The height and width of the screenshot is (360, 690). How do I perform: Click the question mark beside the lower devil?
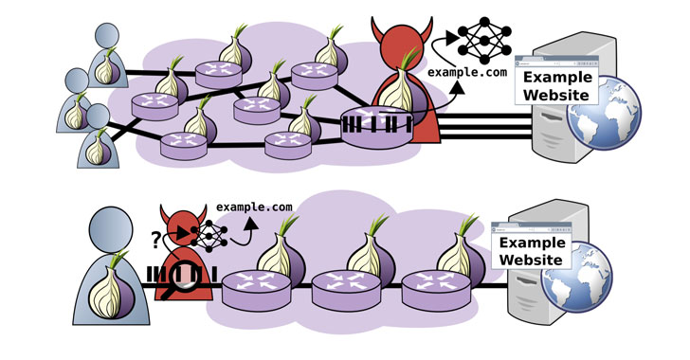(x=154, y=241)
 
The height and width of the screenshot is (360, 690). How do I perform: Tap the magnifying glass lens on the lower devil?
(x=183, y=276)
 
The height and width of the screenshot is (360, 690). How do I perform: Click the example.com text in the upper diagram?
(x=467, y=72)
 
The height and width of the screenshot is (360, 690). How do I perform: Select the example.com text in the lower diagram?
(x=254, y=207)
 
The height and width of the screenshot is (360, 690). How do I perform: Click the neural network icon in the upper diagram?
(x=484, y=40)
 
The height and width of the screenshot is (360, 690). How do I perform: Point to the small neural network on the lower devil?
(x=209, y=236)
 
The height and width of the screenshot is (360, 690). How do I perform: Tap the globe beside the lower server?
(x=576, y=278)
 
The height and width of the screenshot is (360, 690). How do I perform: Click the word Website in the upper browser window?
(x=556, y=95)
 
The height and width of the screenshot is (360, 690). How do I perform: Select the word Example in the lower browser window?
(x=532, y=243)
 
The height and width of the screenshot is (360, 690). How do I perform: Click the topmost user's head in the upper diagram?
(x=107, y=36)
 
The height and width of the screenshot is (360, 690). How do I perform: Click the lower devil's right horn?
(x=202, y=213)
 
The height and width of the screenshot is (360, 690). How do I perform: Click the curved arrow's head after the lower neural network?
(x=252, y=224)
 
